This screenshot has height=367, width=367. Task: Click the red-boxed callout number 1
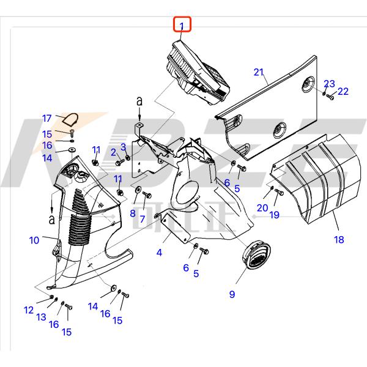click(182, 24)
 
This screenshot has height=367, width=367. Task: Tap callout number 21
click(259, 73)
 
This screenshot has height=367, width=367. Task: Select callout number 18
click(339, 240)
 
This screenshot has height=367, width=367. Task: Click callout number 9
click(232, 294)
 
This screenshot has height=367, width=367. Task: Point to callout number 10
click(34, 240)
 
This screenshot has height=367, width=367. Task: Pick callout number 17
click(46, 119)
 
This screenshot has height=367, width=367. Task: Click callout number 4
click(159, 252)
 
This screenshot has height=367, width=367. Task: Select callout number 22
click(343, 91)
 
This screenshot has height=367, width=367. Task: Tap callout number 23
click(329, 83)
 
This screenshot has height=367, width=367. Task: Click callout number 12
click(29, 310)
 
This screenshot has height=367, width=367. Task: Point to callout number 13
click(42, 317)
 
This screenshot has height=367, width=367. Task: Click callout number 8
click(132, 213)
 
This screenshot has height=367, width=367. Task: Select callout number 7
click(143, 219)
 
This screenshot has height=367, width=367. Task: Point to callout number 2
click(114, 152)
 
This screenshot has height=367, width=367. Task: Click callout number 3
click(123, 146)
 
